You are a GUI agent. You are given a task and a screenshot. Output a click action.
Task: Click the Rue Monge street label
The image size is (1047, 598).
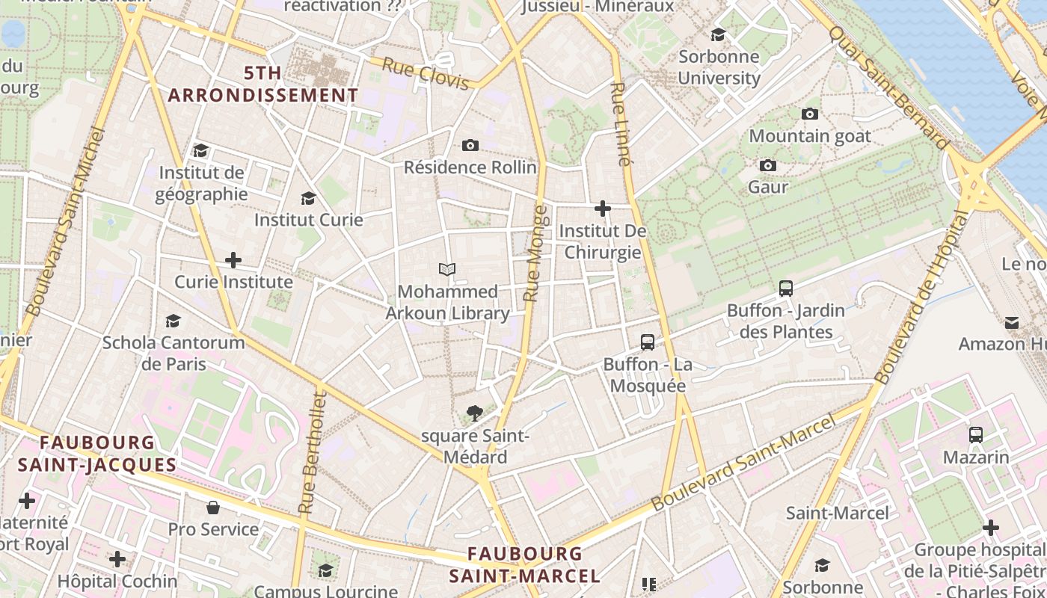pos(532,254)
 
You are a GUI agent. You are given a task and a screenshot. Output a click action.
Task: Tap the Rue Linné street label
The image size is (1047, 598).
pos(620,124)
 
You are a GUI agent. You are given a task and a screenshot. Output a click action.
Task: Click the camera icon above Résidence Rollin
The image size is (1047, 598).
pos(470,145)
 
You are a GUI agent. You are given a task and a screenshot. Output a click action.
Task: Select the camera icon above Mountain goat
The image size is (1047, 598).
pos(810,114)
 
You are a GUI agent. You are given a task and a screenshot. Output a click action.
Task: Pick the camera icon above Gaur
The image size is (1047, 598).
pos(768,165)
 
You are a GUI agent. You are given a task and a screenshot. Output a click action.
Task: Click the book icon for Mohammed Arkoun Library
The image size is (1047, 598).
pos(447,269)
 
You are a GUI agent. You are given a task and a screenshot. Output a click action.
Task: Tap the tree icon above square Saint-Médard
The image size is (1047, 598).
pos(474,412)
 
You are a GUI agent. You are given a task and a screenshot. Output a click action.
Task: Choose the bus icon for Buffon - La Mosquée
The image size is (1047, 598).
pos(648,342)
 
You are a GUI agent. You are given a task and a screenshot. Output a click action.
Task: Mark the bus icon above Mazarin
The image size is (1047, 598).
pos(976,434)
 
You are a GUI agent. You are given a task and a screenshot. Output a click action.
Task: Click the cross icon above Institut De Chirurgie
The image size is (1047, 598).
pos(603,209)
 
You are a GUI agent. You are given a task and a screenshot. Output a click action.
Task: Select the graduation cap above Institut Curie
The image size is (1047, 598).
pos(308,198)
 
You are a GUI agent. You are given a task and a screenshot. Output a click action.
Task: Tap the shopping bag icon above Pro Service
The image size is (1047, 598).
pos(213,508)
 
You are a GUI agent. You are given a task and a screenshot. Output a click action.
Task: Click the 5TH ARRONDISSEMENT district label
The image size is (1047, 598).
pos(263,84)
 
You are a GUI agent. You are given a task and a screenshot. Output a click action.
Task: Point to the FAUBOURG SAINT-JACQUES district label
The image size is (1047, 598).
pos(97,454)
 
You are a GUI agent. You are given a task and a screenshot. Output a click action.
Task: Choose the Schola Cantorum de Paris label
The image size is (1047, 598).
pos(174,353)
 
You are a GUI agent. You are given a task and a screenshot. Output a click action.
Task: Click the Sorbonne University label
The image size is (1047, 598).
pos(719,67)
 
